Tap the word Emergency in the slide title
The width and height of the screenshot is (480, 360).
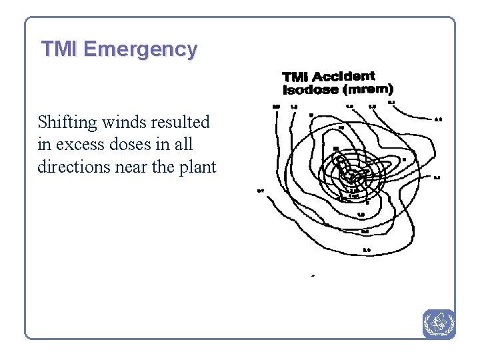click(x=141, y=50)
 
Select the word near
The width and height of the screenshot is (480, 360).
click(x=131, y=167)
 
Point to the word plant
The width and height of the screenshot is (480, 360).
click(x=198, y=167)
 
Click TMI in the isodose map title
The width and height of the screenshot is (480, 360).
click(x=295, y=77)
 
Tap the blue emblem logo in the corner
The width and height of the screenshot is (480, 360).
click(x=439, y=323)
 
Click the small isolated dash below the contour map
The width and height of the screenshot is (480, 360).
click(x=313, y=275)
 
